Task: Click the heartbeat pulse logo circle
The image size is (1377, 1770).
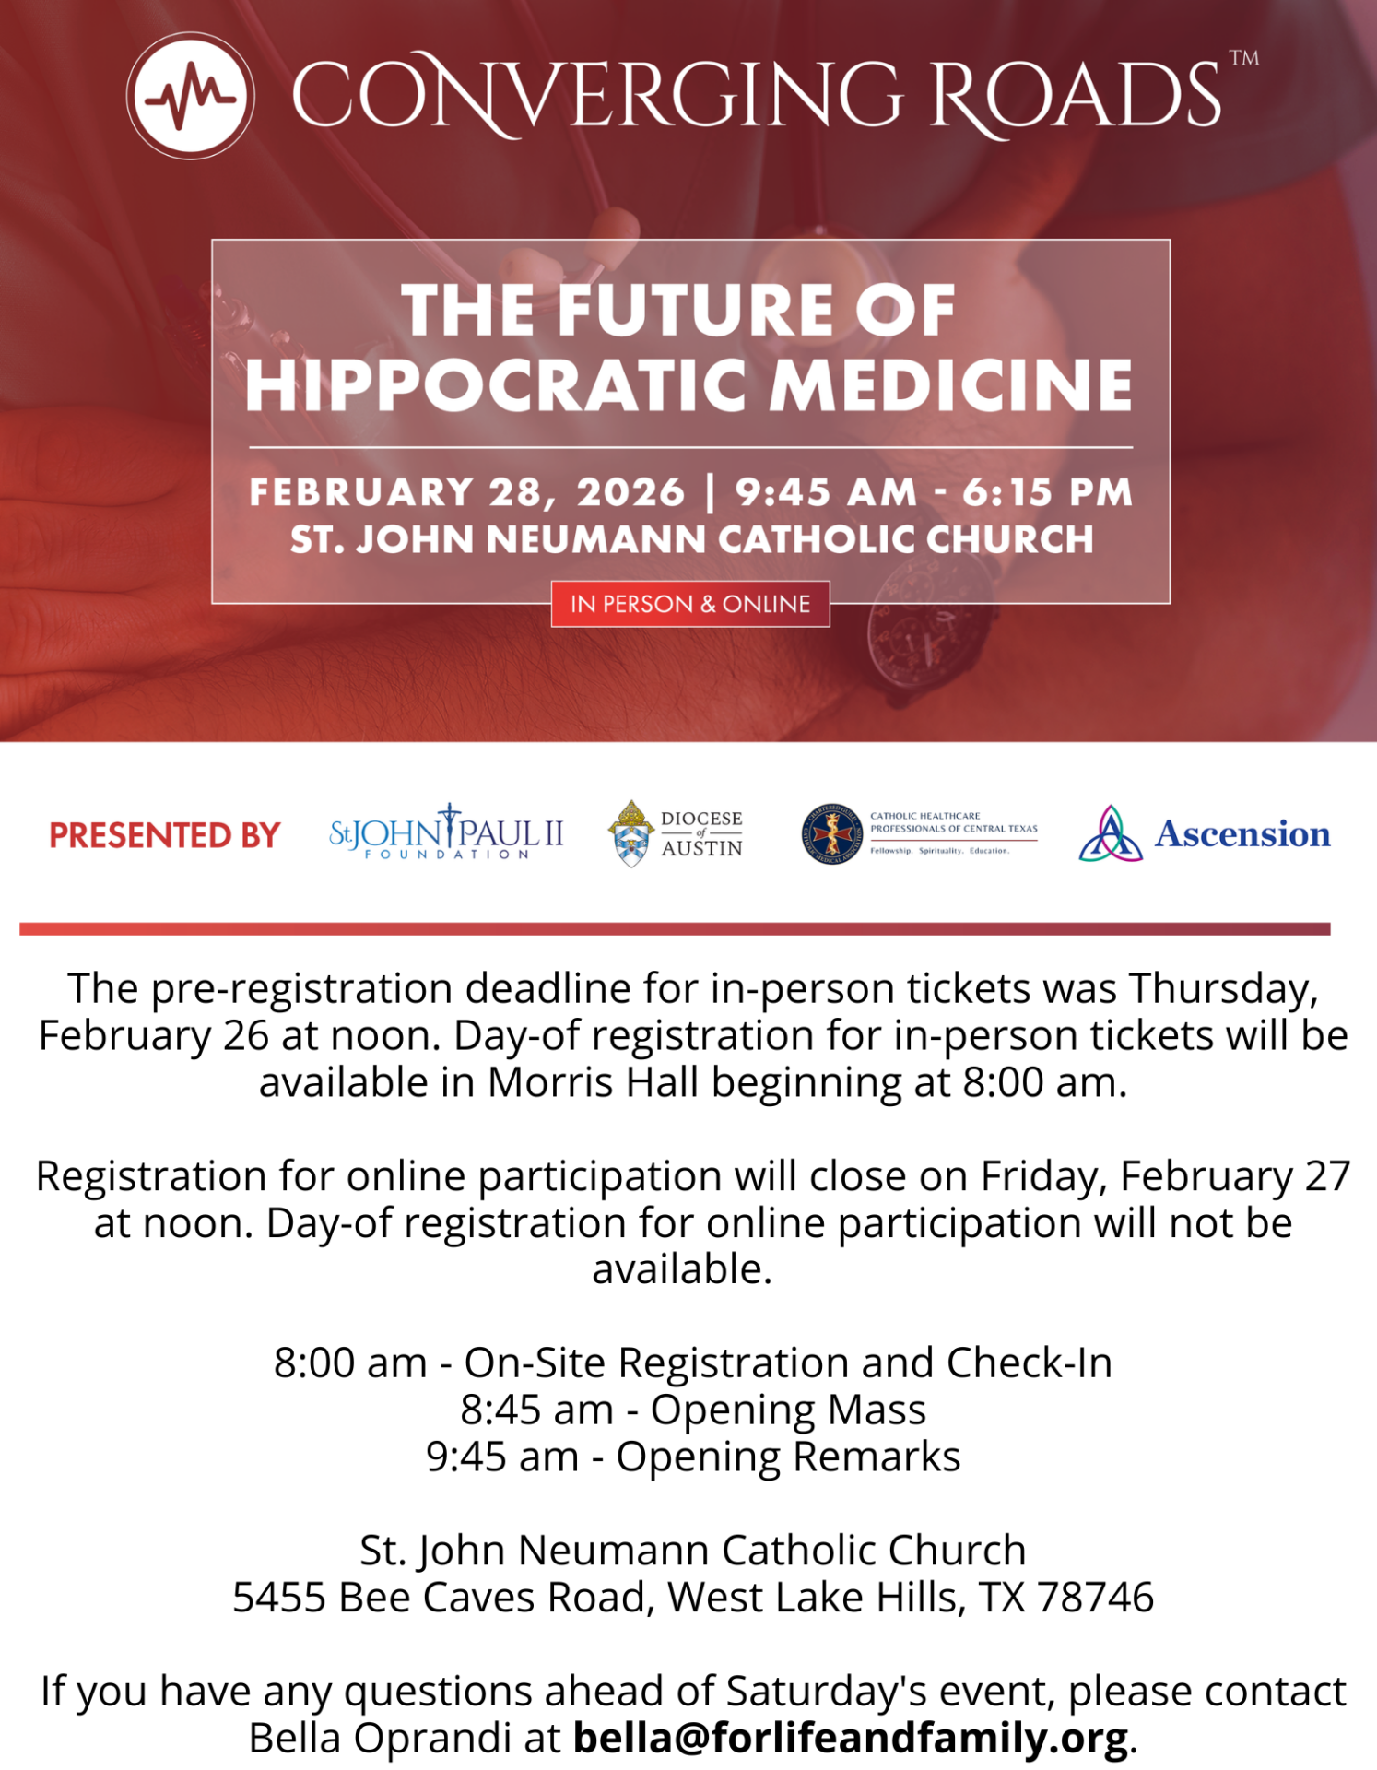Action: [x=191, y=96]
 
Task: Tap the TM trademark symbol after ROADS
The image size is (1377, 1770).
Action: [x=1243, y=58]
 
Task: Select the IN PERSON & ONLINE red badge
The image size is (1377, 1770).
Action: [x=690, y=604]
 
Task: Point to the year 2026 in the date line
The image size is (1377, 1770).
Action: [x=631, y=492]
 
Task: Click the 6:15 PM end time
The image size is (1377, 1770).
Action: [x=1047, y=492]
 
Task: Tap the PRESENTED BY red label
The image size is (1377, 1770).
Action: [x=164, y=835]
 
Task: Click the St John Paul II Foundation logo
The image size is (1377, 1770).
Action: [x=446, y=832]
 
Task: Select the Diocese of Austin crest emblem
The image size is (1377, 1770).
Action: [x=631, y=833]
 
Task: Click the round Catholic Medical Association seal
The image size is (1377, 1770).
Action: [x=831, y=833]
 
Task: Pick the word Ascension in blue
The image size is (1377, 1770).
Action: [x=1242, y=833]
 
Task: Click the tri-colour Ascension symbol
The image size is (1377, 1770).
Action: [x=1111, y=834]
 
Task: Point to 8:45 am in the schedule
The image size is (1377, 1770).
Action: [x=536, y=1410]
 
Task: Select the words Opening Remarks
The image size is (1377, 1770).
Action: [x=788, y=1457]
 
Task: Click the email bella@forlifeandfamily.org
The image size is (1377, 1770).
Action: [x=850, y=1738]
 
